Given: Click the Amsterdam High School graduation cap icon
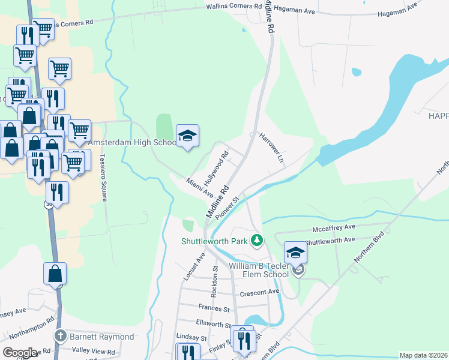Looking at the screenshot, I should coord(187,136).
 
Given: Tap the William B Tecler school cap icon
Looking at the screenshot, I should coord(295,253).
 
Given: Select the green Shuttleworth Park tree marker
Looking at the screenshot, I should coord(257,241).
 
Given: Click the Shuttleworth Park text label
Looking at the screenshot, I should coord(214,242).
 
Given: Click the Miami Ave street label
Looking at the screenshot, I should coord(200,187).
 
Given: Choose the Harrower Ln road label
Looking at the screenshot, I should coord(271,148).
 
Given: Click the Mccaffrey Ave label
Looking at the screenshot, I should coord(334,228).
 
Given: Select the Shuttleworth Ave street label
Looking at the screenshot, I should coord(330,241).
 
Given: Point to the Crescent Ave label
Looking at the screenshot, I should coord(260,292).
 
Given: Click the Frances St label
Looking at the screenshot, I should coord(214,308).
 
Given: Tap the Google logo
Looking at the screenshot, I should coord(20,353).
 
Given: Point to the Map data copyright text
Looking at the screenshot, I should coord(423,355).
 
